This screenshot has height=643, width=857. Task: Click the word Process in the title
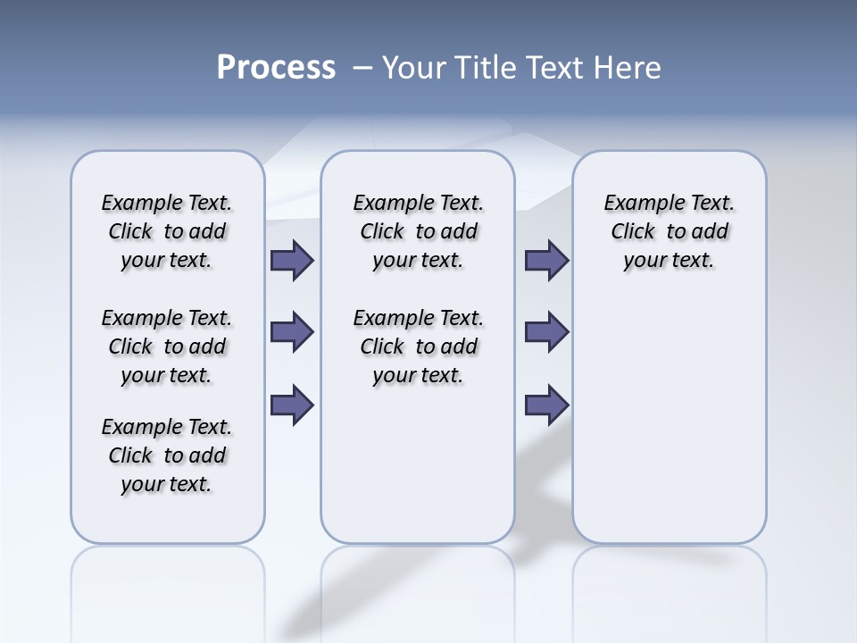point(276,67)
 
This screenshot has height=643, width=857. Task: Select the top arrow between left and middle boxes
point(291,260)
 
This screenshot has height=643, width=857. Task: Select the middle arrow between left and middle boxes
point(291,332)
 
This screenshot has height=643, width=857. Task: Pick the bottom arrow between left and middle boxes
point(291,405)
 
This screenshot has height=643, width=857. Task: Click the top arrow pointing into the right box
point(546,260)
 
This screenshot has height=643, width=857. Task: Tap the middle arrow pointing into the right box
point(546,332)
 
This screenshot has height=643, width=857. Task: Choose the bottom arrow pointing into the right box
point(546,405)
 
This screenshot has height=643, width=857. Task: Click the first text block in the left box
point(167,231)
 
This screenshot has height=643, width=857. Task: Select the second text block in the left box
point(167,347)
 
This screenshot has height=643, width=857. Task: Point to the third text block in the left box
point(167,455)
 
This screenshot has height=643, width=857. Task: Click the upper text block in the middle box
point(418,231)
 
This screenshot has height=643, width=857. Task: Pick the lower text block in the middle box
point(418,347)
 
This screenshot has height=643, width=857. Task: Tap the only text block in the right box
point(669,231)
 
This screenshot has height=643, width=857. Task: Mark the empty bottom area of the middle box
point(418,473)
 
